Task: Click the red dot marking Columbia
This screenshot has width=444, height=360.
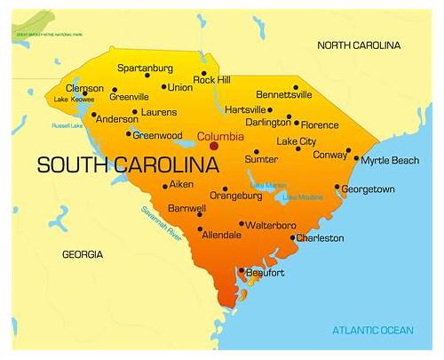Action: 214,147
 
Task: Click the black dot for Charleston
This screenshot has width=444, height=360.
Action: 293,237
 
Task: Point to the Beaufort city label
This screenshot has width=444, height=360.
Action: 264,273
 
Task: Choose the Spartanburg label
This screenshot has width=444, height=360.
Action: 147,67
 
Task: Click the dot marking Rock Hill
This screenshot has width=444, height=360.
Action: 204,74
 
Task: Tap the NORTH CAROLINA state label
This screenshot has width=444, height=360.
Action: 359,45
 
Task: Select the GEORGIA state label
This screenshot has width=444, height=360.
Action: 82,254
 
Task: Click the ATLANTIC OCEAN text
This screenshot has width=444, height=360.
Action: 373,331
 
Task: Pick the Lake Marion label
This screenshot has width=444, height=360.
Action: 267,185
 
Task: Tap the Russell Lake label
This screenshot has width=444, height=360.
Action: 67,125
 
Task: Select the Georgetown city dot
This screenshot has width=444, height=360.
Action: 337,188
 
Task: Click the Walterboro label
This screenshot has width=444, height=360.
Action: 271,226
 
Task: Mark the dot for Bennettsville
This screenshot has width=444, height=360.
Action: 296,88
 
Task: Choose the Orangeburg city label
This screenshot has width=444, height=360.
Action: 235,196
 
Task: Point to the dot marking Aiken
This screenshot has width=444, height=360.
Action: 165,186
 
